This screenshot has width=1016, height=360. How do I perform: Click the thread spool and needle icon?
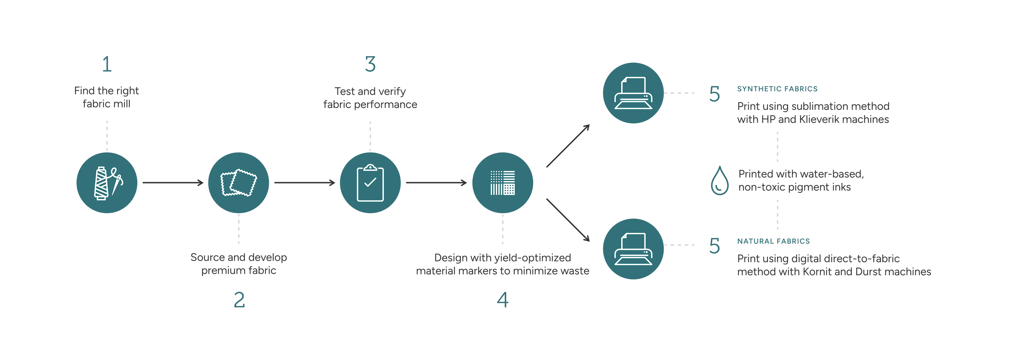(107, 183)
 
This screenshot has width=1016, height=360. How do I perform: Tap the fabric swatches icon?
(239, 183)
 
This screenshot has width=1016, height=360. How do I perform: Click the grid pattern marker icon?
(502, 183)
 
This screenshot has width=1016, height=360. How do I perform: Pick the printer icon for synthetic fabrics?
(633, 93)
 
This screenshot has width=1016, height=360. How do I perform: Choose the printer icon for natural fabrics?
(633, 249)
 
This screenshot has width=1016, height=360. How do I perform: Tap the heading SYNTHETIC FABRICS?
(777, 89)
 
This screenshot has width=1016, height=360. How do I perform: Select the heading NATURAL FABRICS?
(773, 241)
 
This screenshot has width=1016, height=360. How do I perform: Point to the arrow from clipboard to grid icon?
(436, 182)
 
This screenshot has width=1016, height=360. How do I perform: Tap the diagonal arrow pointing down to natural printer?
(568, 220)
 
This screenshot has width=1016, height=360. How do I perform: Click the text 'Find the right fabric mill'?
(106, 97)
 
